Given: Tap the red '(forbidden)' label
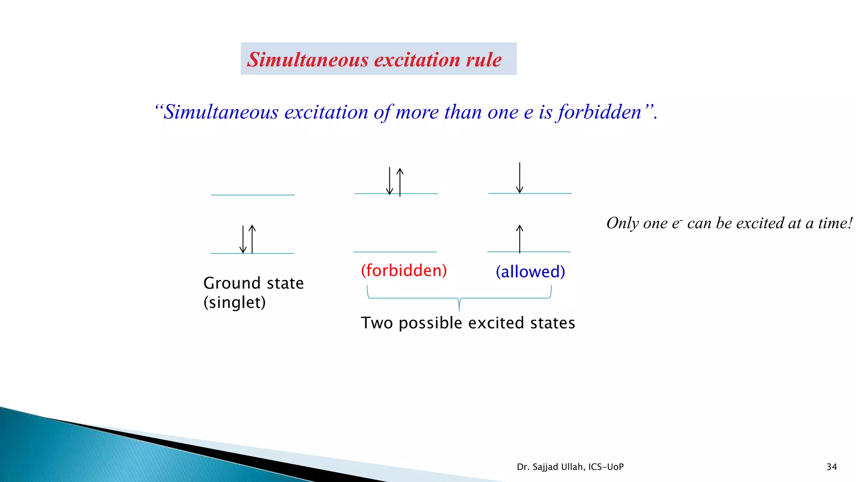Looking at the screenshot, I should pos(404,270).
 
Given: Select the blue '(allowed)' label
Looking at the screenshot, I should pos(530,272).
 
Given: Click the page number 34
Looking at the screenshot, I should pos(831,467).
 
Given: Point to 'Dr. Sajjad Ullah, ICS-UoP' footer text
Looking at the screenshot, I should pos(570,467).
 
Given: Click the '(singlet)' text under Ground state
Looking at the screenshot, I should pos(234,302).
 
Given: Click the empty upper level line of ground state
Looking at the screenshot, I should pos(253,195).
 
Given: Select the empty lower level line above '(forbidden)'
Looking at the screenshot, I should pos(395,252).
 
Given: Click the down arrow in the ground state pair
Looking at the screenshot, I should pos(243,239).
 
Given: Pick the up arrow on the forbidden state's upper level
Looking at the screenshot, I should pos(400,182).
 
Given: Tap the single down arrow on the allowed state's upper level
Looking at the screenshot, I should pos(520,178).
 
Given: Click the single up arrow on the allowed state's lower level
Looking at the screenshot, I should pos(520,239).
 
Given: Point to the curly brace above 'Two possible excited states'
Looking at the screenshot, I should pos(459,298).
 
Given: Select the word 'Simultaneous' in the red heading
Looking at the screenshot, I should pos(308,59).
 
